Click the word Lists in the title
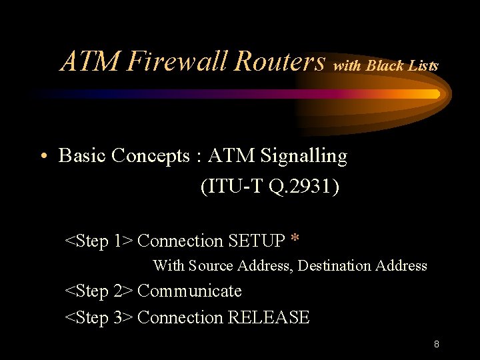(x=424, y=65)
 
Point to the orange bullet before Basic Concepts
(x=43, y=157)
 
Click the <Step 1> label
(x=98, y=241)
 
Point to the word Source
(x=210, y=266)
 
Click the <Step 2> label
(x=98, y=291)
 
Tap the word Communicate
(x=189, y=291)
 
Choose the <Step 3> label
(x=98, y=318)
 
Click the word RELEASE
(x=269, y=318)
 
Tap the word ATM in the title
(x=91, y=61)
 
